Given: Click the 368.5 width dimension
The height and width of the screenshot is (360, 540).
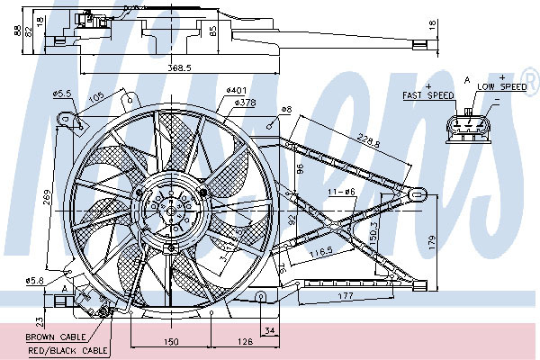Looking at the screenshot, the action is [x=179, y=67].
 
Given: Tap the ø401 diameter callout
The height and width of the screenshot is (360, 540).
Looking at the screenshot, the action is [x=237, y=91].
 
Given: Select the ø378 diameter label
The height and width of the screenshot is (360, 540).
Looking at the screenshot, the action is [x=245, y=103].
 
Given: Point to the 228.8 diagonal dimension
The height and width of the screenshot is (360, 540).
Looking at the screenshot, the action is [x=368, y=140].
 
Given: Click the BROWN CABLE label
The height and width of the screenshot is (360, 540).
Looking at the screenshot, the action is [x=56, y=337].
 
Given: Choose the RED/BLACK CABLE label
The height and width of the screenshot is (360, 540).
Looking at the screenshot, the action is [x=67, y=351].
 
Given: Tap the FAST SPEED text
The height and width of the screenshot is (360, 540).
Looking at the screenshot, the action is [x=428, y=95].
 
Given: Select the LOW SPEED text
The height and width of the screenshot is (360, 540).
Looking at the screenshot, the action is [x=502, y=86].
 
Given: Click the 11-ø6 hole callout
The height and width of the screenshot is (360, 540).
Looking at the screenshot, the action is [x=342, y=192].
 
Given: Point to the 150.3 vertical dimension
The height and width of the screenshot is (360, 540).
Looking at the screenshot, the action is [x=373, y=234].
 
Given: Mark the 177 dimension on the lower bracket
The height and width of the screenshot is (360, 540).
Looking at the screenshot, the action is [x=346, y=295].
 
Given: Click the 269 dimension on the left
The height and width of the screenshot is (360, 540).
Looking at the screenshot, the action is [x=47, y=197].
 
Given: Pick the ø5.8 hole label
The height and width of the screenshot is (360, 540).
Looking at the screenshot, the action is [x=35, y=281].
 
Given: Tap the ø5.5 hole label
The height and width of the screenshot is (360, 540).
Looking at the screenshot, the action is [x=62, y=94].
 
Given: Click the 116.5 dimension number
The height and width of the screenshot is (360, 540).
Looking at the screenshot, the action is [x=321, y=252].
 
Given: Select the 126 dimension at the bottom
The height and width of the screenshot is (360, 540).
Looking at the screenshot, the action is [x=245, y=341].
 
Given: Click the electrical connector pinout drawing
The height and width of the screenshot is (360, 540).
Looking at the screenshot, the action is [x=468, y=128].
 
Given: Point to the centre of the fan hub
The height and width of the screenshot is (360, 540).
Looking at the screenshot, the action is [x=171, y=211].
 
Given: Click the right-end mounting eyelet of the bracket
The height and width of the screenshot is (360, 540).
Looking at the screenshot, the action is [x=418, y=194].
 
